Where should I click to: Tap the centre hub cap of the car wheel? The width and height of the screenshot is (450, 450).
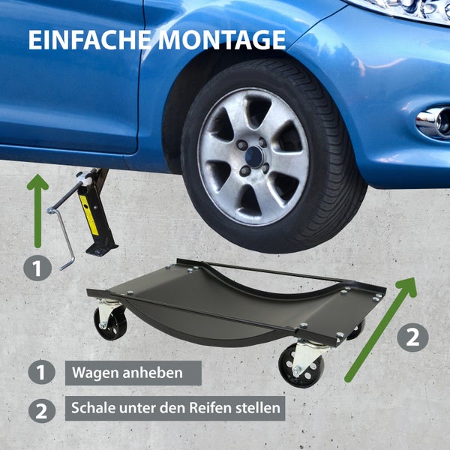point(253,156)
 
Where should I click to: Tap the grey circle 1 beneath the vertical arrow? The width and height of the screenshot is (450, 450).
point(37,268)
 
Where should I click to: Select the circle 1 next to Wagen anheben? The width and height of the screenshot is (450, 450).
point(41,372)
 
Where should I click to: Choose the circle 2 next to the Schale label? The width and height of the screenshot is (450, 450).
point(41,409)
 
